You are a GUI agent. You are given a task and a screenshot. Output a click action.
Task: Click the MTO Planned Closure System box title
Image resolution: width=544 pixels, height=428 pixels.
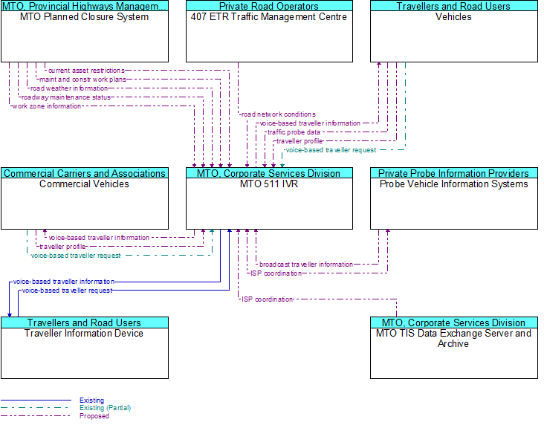84,17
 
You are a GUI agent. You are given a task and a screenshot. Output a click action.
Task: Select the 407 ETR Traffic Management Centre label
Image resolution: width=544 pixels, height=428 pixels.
269,17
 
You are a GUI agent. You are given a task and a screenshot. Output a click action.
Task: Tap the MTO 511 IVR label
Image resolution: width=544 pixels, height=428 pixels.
269,184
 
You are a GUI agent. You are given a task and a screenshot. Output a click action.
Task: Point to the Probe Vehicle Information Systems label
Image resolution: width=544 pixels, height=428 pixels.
454,184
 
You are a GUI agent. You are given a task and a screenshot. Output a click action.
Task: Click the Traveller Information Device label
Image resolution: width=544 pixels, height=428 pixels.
84,334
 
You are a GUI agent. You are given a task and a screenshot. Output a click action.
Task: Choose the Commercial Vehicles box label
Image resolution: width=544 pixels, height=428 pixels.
84,184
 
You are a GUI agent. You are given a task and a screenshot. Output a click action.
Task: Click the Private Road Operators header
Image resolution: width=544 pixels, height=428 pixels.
269,6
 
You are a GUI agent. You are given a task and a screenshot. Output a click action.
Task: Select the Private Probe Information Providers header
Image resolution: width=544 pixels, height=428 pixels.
454,173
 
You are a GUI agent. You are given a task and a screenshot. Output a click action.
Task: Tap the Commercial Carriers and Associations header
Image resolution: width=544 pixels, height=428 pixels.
84,173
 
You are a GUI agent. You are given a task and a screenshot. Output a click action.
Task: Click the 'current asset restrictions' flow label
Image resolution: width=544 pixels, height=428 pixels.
86,71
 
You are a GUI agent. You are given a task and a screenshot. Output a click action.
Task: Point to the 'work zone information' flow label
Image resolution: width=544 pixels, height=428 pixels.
47,106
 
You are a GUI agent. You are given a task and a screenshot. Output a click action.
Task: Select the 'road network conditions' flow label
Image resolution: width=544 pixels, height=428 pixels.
278,114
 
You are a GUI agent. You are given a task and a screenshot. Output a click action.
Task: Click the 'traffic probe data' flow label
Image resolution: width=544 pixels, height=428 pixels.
294,132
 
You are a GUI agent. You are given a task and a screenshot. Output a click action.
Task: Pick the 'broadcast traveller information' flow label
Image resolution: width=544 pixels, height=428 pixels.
306,265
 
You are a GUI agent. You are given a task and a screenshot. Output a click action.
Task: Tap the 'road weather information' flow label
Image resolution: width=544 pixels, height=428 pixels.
69,88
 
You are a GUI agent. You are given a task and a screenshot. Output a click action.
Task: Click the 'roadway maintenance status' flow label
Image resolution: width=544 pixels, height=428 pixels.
66,97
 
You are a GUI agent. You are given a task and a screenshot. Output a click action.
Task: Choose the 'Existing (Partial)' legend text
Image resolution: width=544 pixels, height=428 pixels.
105,408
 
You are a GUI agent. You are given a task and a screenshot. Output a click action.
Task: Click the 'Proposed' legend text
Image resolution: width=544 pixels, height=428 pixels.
94,416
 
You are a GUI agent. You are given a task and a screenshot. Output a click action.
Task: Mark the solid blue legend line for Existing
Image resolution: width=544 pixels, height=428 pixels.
36,401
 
